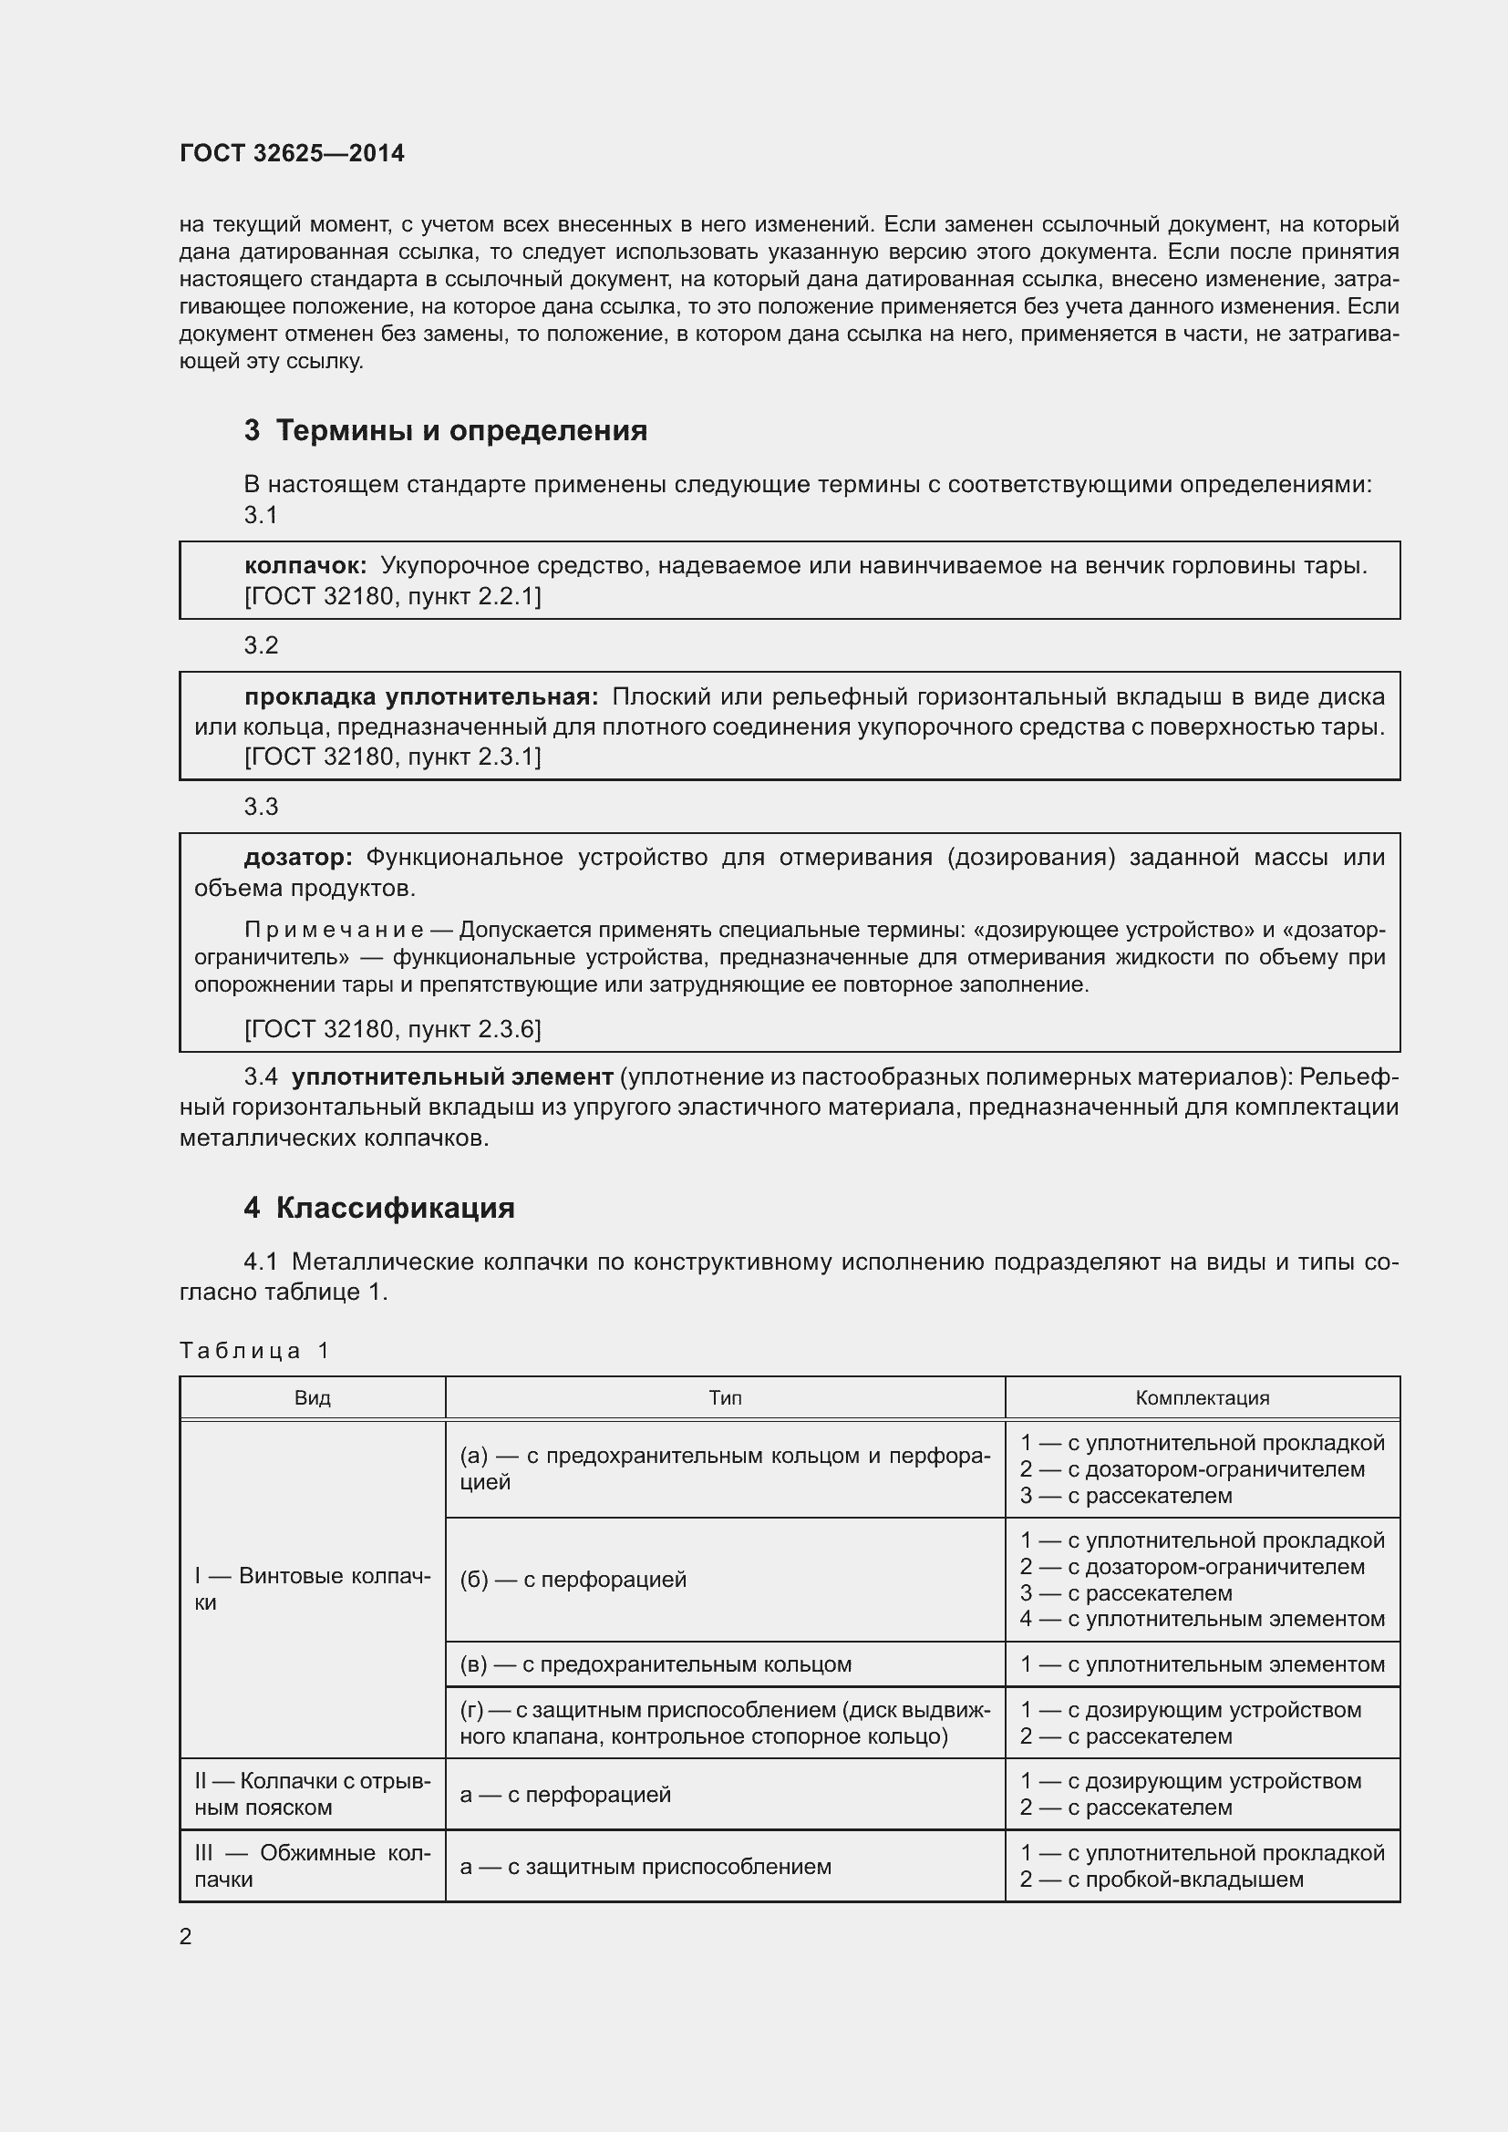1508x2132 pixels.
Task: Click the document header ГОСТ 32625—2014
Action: coord(292,153)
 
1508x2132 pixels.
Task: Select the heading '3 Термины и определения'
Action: coord(445,431)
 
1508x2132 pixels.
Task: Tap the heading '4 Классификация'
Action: coord(379,1208)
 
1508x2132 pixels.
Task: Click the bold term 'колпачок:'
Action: coord(305,565)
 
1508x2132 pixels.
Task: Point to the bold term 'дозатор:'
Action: coord(297,857)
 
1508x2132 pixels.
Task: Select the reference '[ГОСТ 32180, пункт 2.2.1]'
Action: coord(392,596)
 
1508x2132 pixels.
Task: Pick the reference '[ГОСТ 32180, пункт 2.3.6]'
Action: coord(392,1029)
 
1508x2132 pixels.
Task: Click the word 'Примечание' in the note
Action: coord(334,930)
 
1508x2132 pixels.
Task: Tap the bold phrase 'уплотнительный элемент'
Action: coord(452,1077)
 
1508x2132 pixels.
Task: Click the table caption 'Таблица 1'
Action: coord(254,1350)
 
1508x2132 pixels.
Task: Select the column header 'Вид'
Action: coord(312,1397)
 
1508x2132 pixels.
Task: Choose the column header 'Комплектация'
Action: coord(1202,1397)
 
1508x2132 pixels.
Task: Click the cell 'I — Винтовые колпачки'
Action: coord(312,1589)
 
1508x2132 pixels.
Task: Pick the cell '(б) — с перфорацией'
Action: coord(573,1580)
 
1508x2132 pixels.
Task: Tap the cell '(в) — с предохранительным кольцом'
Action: coord(655,1664)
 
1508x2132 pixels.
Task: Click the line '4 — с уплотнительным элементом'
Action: coord(1202,1620)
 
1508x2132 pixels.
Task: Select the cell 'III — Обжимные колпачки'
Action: coord(312,1866)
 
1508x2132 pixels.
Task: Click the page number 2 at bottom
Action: coord(186,1937)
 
